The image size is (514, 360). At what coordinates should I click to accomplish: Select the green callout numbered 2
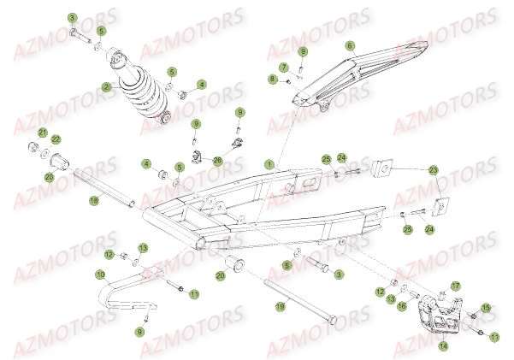click(x=106, y=86)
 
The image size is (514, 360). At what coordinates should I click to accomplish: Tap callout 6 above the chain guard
click(x=350, y=44)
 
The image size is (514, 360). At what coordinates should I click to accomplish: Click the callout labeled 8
click(x=273, y=80)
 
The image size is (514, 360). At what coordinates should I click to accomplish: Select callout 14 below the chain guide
click(x=443, y=346)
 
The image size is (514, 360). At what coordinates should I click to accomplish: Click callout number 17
click(x=456, y=286)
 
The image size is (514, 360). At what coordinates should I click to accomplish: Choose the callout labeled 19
click(x=279, y=305)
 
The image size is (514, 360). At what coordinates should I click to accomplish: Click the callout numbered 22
click(x=56, y=139)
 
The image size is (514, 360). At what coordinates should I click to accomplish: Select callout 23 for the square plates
click(x=434, y=170)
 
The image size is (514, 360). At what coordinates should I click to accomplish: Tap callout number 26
click(x=217, y=159)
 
